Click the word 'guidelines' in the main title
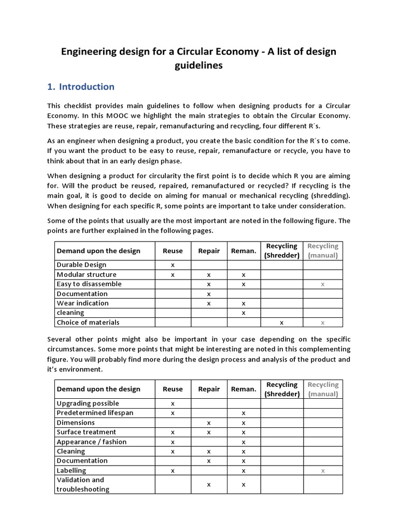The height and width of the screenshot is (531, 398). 198,65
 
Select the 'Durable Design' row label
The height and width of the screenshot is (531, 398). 81,264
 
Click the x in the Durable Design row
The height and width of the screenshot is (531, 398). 173,264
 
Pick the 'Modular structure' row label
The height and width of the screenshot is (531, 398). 87,274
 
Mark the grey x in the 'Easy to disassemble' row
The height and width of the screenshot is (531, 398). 323,284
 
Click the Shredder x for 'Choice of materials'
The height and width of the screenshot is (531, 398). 281,323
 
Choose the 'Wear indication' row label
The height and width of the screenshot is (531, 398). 82,303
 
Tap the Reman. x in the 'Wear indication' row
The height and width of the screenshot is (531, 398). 244,303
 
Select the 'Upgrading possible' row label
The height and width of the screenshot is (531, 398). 88,403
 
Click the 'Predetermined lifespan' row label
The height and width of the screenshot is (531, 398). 95,413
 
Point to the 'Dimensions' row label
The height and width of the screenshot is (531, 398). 76,423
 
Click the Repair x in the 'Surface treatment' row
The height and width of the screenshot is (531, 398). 208,432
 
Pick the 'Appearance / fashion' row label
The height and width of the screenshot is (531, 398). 91,442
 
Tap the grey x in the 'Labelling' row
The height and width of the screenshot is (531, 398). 323,470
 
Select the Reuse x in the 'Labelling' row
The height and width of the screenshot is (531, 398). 173,470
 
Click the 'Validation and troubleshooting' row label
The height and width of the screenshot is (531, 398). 83,484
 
